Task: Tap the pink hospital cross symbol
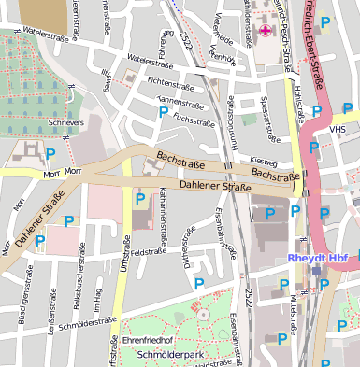[x=265, y=31]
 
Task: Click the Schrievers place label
[x=66, y=122]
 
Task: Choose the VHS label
[x=337, y=130]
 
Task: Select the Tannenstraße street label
[x=180, y=101]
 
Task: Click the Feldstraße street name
[x=148, y=251]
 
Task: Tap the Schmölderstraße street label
[x=85, y=326]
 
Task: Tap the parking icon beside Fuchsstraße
[x=165, y=112]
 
